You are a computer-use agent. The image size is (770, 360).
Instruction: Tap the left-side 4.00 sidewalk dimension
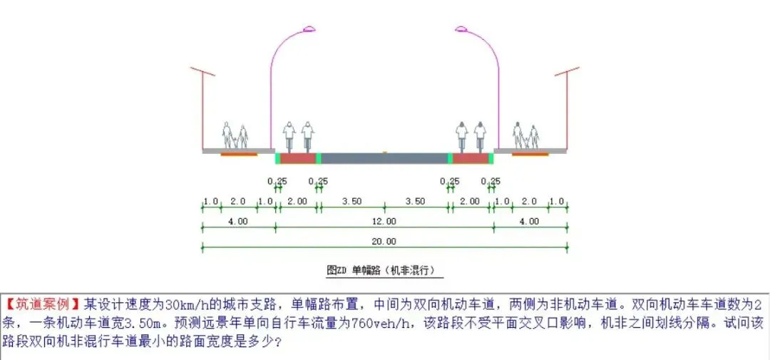238,222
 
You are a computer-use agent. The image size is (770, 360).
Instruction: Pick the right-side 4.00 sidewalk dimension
529,222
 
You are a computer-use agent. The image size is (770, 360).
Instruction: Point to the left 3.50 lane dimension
351,202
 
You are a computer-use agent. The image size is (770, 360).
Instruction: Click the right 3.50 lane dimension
416,202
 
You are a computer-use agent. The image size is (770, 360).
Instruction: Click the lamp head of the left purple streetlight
308,29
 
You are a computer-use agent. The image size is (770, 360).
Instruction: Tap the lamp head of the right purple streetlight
461,29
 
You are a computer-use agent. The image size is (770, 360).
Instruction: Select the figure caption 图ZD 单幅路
384,271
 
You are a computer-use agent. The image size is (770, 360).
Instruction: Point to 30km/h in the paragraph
187,303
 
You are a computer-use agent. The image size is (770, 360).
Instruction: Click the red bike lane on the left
297,158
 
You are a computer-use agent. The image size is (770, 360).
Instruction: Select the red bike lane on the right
470,158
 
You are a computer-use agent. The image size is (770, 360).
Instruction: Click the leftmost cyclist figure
289,135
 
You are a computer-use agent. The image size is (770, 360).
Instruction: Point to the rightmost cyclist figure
480,135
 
